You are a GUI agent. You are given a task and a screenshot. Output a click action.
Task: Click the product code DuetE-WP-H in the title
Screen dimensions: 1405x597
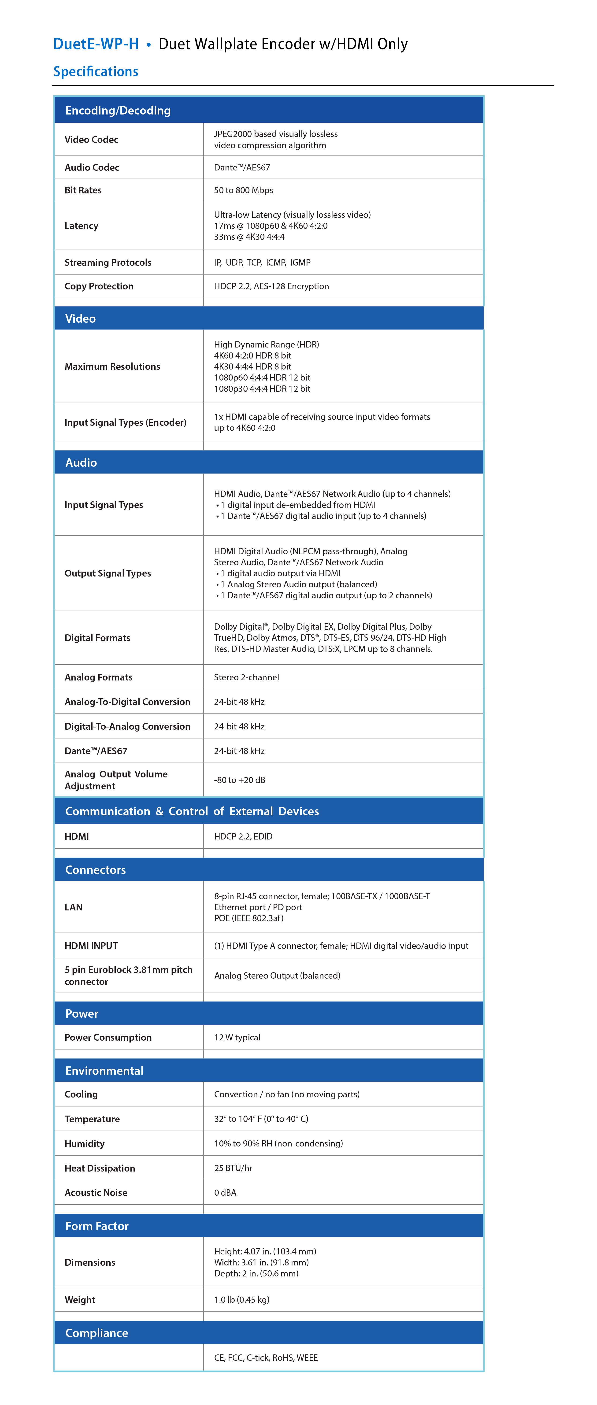[96, 44]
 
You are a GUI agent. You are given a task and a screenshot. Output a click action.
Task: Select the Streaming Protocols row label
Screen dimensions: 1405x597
[108, 262]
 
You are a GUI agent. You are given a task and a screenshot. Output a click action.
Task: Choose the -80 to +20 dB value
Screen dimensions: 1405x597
[240, 780]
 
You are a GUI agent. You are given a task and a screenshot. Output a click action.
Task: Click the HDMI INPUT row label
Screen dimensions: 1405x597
[91, 946]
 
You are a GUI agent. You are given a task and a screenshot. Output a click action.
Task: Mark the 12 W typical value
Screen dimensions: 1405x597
[237, 1037]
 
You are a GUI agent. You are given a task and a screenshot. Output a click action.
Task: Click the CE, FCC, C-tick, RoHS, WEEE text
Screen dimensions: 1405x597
[266, 1357]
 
